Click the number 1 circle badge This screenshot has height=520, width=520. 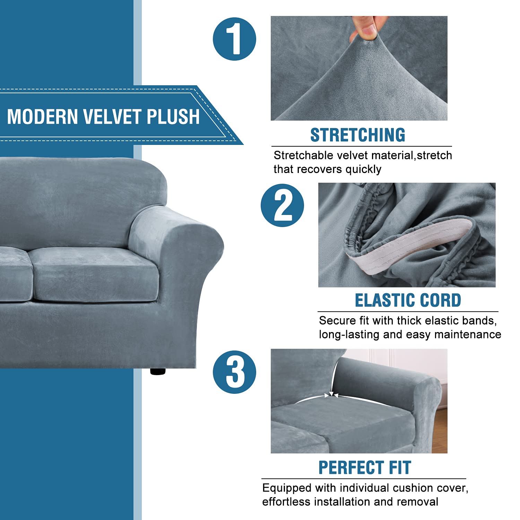tap(234, 39)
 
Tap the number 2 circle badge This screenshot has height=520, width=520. tap(282, 205)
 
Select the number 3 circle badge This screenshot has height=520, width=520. tap(234, 372)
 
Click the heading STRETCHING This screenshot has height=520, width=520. tap(357, 135)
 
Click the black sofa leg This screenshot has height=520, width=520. tap(158, 371)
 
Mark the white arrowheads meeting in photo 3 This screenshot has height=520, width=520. tap(332, 395)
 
